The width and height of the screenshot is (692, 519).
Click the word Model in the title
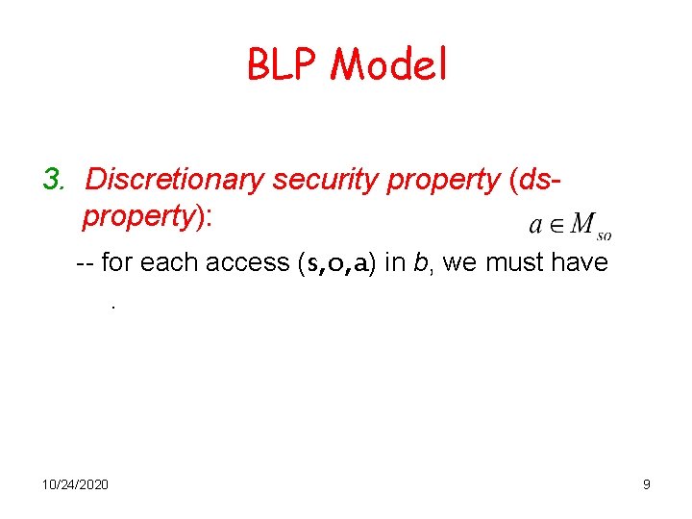coord(389,65)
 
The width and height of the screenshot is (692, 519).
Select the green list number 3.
coord(52,180)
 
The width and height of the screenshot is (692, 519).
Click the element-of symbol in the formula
coord(556,225)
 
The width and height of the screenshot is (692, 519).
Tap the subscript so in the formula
coord(605,234)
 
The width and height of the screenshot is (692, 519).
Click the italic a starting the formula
coord(535,226)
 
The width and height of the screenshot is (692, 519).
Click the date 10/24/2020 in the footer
coord(75,484)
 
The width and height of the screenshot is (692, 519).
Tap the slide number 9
coord(646,484)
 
